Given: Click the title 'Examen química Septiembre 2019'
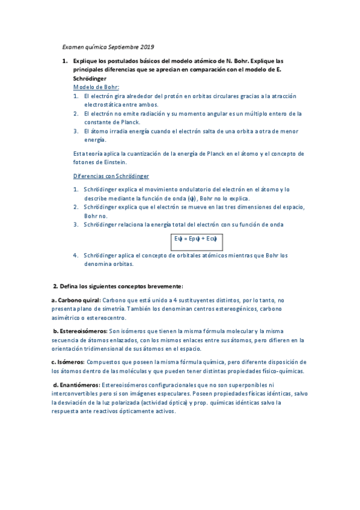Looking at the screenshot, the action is point(108,47).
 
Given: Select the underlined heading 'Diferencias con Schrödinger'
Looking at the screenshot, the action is point(111,176).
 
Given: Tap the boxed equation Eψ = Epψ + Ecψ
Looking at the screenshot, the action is point(195,239).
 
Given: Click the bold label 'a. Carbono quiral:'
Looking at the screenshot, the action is point(76,300).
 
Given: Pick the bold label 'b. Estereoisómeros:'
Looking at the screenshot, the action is point(79,331).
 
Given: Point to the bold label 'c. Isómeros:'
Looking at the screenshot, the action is point(67,363).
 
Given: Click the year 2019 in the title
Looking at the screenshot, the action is point(146,47).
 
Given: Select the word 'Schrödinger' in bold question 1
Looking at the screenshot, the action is point(90,79).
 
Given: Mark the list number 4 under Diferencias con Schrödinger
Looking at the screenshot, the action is point(76,255).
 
